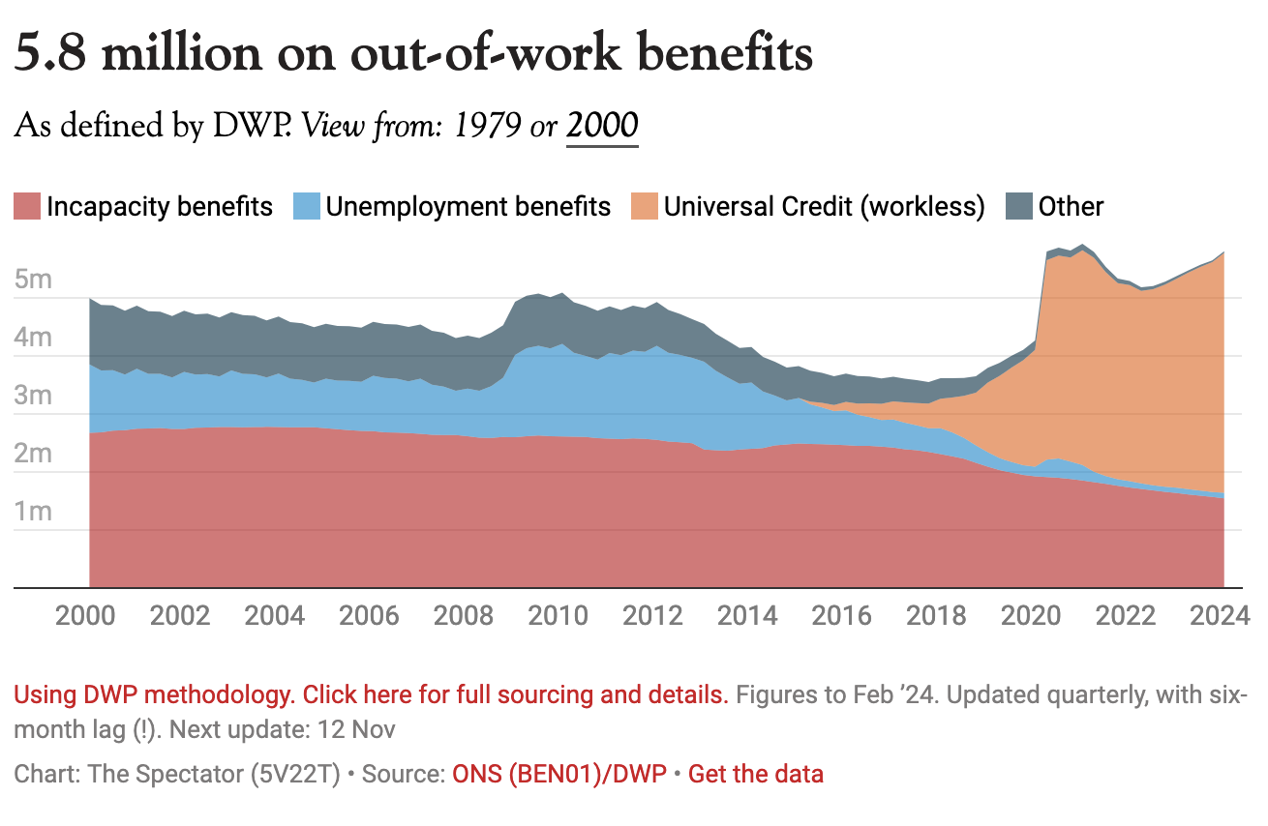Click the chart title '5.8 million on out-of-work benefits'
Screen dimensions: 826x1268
[413, 55]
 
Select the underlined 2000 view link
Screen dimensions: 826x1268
[602, 127]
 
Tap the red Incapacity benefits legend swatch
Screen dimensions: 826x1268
[26, 207]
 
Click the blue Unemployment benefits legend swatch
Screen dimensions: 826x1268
[306, 207]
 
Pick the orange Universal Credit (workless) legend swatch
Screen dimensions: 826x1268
[644, 207]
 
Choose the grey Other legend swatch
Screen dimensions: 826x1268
[1018, 207]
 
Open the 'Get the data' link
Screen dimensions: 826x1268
[755, 774]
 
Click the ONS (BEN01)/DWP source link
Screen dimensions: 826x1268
[559, 774]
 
